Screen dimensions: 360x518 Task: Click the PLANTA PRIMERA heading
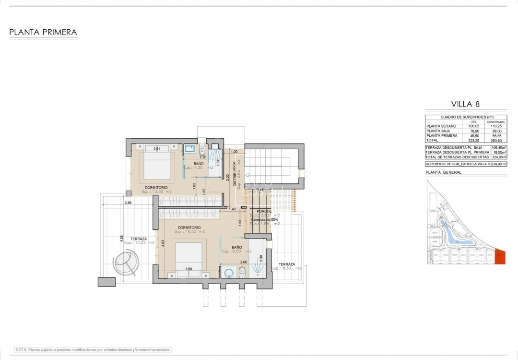[43, 33]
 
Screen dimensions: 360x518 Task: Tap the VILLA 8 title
[466, 104]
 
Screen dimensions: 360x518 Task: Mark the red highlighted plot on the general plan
[500, 257]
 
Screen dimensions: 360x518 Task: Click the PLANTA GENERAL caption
[444, 172]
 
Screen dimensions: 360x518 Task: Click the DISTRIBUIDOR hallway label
[235, 172]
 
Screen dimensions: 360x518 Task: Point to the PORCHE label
[264, 211]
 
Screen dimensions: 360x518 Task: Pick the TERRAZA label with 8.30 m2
[287, 264]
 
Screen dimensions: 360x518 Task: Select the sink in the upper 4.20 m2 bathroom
[189, 148]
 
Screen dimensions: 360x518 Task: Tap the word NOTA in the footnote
[22, 350]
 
